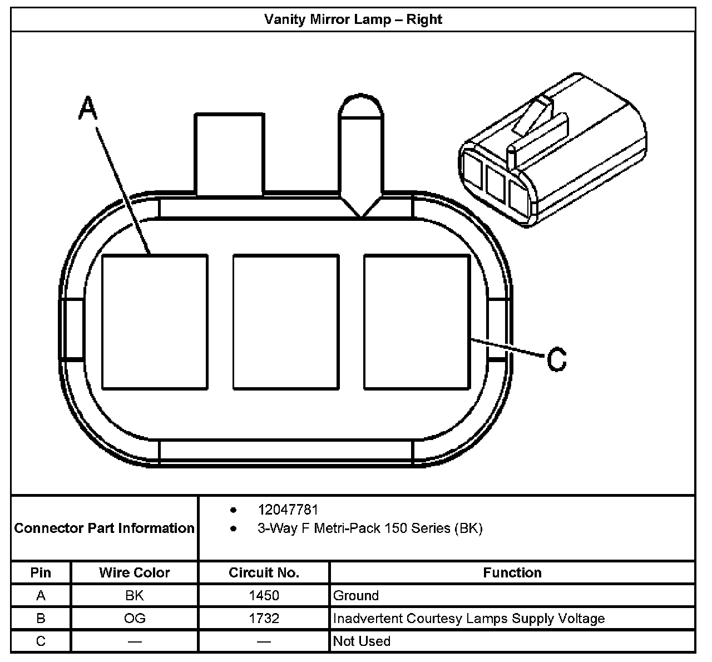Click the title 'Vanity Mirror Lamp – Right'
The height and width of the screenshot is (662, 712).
tap(353, 19)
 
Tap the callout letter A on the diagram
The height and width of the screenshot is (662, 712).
tap(87, 107)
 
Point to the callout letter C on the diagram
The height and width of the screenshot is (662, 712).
tap(556, 359)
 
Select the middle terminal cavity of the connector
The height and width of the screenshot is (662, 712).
tap(286, 322)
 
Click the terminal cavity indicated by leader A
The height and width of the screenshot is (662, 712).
tap(155, 322)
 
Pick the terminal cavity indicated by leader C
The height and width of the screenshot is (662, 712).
tap(417, 322)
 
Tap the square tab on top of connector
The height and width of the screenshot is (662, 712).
tap(229, 154)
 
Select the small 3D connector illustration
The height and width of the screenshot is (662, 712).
tap(552, 151)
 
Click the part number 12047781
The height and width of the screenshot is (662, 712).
tap(288, 510)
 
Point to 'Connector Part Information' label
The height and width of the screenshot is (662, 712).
tap(105, 528)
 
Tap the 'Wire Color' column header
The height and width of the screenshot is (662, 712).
tap(135, 572)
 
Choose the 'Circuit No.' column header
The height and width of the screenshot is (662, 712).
tap(264, 572)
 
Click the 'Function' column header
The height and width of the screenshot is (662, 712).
tap(512, 572)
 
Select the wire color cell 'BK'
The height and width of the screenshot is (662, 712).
tap(135, 596)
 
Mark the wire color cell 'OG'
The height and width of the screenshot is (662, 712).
tap(135, 619)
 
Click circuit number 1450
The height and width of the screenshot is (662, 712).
tap(264, 596)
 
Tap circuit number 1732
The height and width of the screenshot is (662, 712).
tap(264, 619)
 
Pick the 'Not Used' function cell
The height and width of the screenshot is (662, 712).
tap(362, 641)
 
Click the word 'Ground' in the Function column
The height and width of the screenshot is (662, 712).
tap(356, 596)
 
